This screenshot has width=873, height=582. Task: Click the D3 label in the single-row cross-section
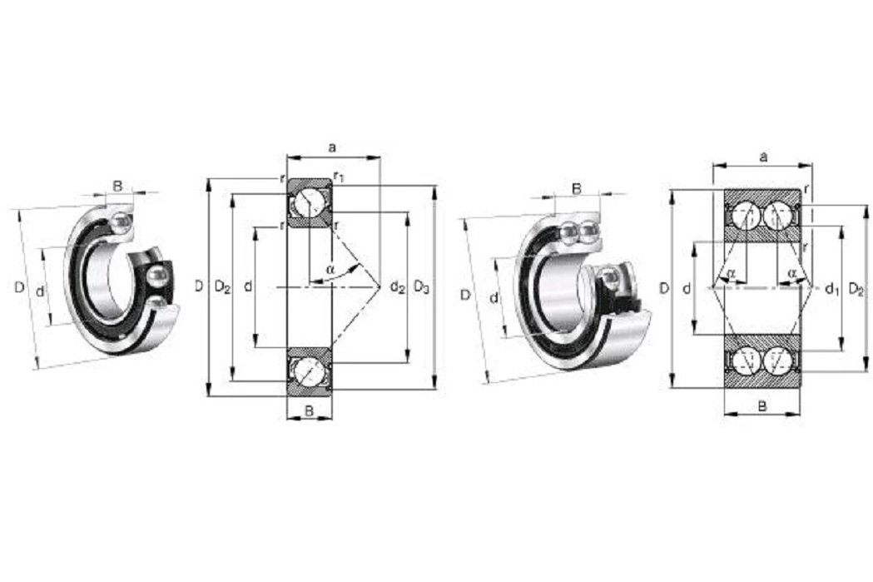[421, 287]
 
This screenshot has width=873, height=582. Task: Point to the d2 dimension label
[397, 287]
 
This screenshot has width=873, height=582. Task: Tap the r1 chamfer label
[339, 177]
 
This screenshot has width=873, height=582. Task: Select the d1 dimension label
[831, 288]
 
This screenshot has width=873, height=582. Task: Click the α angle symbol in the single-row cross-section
[330, 269]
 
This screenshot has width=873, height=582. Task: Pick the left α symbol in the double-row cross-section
[732, 272]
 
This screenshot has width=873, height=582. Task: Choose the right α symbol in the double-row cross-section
[792, 272]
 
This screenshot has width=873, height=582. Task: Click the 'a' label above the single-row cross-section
[332, 147]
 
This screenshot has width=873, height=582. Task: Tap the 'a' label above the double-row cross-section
[763, 157]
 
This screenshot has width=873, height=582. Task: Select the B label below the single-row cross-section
[309, 411]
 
